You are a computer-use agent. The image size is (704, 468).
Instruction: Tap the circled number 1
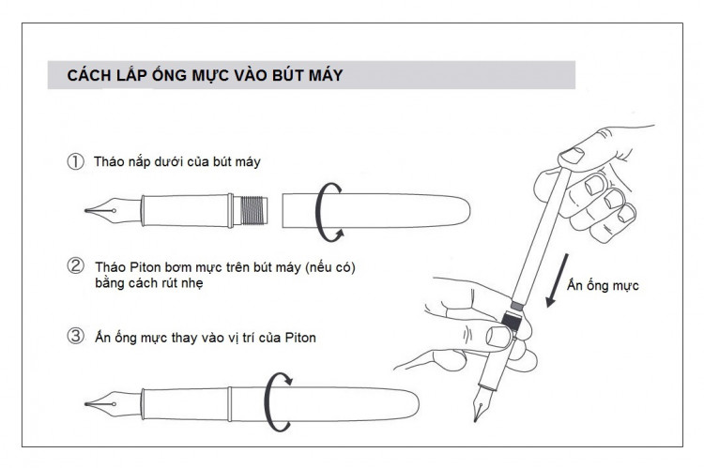pyautogui.click(x=75, y=161)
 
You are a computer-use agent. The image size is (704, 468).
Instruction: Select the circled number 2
pyautogui.click(x=75, y=266)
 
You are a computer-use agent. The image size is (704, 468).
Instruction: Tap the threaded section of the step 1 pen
pyautogui.click(x=249, y=207)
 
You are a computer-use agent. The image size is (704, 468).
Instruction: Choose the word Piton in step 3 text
pyautogui.click(x=298, y=338)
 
